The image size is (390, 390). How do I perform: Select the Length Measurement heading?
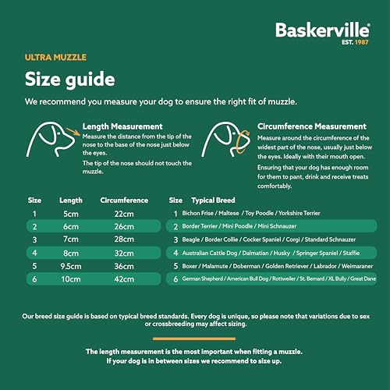122,126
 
